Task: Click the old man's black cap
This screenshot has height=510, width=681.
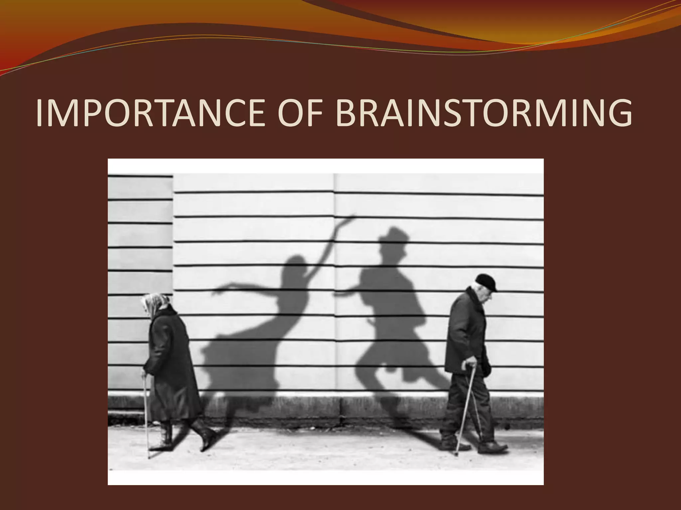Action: coord(486,282)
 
